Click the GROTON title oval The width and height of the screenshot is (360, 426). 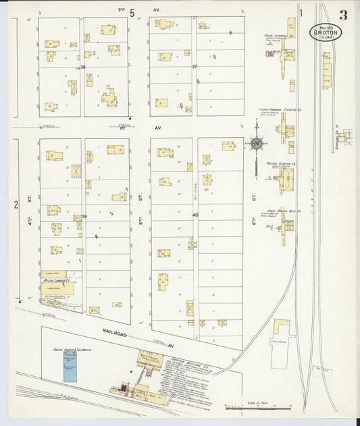pos(326,32)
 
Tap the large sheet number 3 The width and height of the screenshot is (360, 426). pos(344,15)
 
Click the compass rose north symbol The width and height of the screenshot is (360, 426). pos(257,142)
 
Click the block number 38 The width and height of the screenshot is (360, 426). pos(82,68)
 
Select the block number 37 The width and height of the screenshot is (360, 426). pos(194,67)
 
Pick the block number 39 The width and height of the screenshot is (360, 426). pos(84,216)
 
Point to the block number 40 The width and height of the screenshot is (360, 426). pos(195,215)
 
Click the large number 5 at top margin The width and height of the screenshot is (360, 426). pos(133,12)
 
